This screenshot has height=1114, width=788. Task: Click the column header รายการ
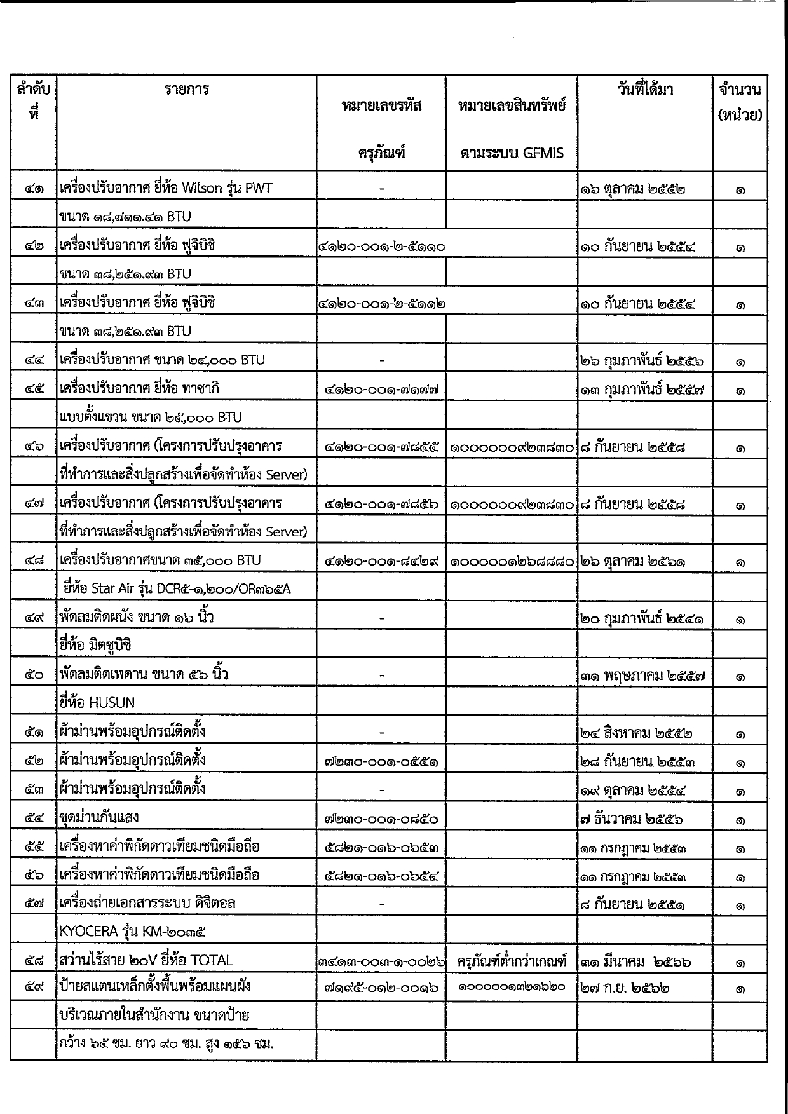[x=186, y=90]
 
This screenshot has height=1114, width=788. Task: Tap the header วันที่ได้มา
[x=644, y=90]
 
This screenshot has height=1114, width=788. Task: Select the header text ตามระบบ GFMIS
[x=511, y=153]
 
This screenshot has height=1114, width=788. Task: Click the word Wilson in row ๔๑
[x=202, y=188]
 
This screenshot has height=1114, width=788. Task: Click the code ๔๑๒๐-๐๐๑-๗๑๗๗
[x=381, y=390]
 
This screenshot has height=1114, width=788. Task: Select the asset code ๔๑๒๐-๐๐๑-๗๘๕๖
[x=381, y=505]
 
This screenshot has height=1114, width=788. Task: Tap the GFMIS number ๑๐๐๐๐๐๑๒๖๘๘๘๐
[x=512, y=562]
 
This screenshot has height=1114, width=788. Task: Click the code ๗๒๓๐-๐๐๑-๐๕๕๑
[x=381, y=762]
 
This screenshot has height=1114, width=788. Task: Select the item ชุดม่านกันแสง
[x=98, y=818]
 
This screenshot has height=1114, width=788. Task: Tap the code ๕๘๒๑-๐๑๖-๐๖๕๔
[x=381, y=876]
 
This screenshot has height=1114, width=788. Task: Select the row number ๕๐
[x=34, y=676]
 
